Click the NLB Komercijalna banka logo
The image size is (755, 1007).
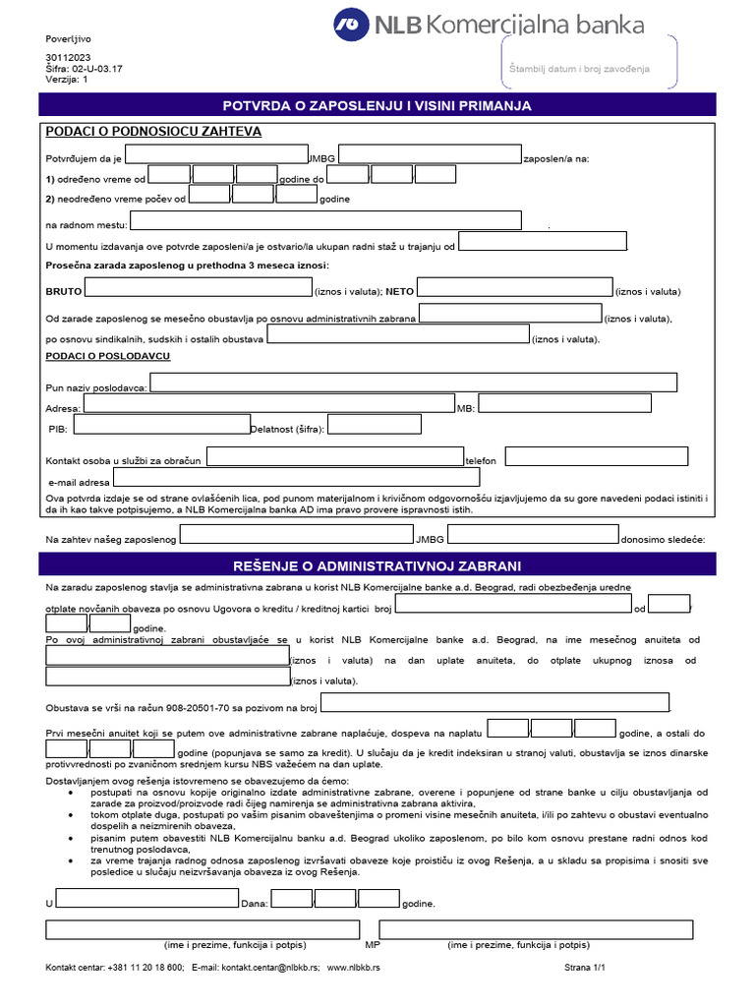[489, 24]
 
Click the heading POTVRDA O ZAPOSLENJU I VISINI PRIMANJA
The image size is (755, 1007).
[377, 105]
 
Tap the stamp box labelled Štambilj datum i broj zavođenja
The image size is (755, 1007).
[591, 69]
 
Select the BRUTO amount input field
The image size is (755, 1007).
[197, 288]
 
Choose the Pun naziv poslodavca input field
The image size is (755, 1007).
[413, 383]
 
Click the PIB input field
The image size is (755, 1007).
[162, 425]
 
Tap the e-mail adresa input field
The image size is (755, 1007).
[296, 478]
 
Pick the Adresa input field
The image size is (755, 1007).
[268, 403]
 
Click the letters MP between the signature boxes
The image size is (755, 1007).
[373, 945]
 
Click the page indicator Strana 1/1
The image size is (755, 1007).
[585, 968]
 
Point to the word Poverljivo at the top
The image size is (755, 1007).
[67, 38]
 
